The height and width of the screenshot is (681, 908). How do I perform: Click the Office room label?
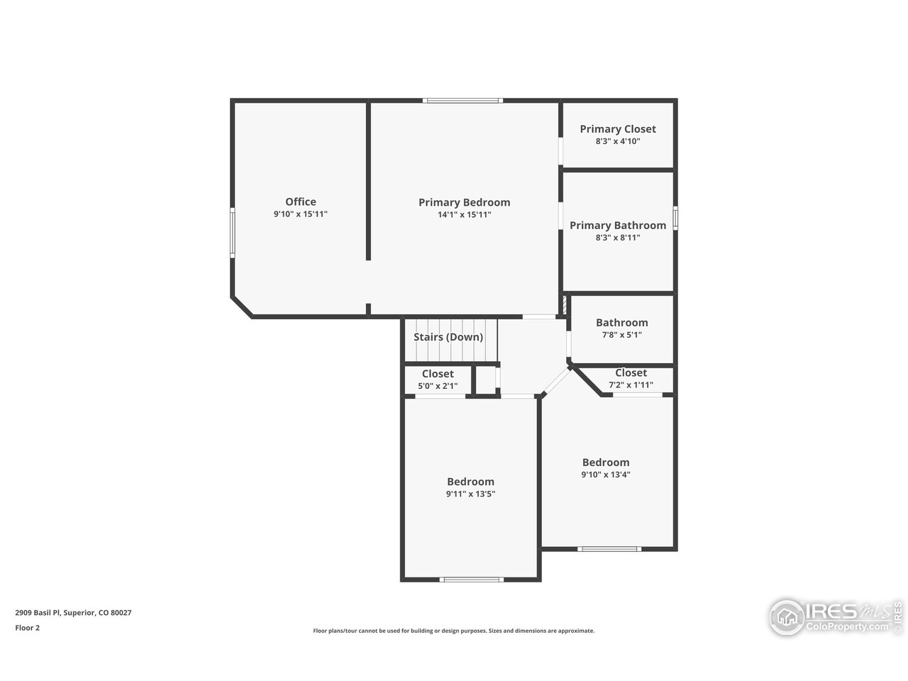pos(300,201)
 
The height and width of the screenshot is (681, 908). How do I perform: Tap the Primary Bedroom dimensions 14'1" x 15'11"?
pos(464,215)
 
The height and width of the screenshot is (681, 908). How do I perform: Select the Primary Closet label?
pos(618,129)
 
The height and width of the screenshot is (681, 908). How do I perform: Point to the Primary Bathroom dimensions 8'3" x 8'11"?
pos(618,238)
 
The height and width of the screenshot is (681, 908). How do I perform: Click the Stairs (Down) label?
pos(448,337)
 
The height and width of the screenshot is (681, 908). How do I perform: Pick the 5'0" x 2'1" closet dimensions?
pos(438,386)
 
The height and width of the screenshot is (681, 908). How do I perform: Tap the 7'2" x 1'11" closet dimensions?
pos(631,385)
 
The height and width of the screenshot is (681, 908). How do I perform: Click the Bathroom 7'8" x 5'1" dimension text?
pos(621,335)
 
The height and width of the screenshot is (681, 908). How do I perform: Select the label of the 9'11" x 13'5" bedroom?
pos(470,482)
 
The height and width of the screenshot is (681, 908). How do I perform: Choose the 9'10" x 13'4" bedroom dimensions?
pos(606,475)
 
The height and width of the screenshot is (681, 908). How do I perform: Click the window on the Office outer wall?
pos(233,233)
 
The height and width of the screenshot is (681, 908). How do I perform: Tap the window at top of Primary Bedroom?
pos(463,101)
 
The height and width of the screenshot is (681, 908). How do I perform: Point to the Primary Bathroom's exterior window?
pos(675,218)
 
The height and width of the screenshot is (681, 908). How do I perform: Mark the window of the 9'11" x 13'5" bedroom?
pos(471,580)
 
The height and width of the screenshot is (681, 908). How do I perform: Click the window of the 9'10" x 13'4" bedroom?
pos(609,549)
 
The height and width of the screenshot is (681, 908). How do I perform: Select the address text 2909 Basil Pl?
pos(38,613)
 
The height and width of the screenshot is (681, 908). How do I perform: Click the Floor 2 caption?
pos(27,628)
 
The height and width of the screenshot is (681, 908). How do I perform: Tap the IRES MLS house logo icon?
pos(787,618)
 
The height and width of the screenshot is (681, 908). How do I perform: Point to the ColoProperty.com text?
pos(847,627)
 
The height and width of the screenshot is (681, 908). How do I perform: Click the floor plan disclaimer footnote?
pos(454,631)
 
